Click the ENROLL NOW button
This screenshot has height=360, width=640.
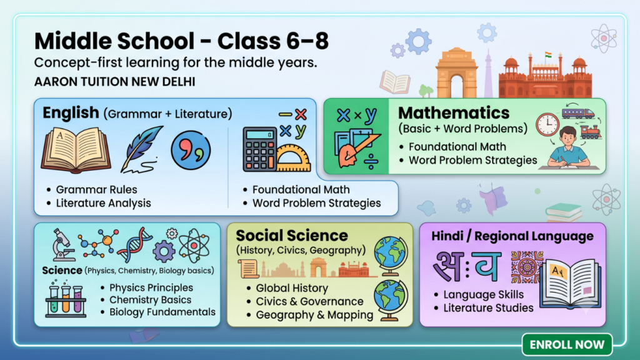pyautogui.click(x=567, y=344)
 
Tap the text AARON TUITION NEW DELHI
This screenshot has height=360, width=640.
pyautogui.click(x=115, y=82)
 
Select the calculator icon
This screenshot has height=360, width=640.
pyautogui.click(x=259, y=149)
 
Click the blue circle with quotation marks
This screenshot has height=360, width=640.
pyautogui.click(x=191, y=150)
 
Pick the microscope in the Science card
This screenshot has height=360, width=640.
pyautogui.click(x=62, y=244)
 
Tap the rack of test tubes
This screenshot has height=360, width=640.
pyautogui.click(x=66, y=299)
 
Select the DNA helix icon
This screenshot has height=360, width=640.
pyautogui.click(x=134, y=244)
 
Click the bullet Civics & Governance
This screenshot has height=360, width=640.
pyautogui.click(x=309, y=301)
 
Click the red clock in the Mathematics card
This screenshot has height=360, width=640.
pyautogui.click(x=547, y=124)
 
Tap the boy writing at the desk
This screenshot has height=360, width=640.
pyautogui.click(x=568, y=147)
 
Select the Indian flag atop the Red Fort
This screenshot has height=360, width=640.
pyautogui.click(x=547, y=55)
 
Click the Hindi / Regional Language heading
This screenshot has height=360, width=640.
pyautogui.click(x=512, y=236)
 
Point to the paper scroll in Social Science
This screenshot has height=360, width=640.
pyautogui.click(x=248, y=269)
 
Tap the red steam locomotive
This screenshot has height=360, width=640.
pyautogui.click(x=590, y=131)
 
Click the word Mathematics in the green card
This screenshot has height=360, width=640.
pyautogui.click(x=454, y=112)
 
